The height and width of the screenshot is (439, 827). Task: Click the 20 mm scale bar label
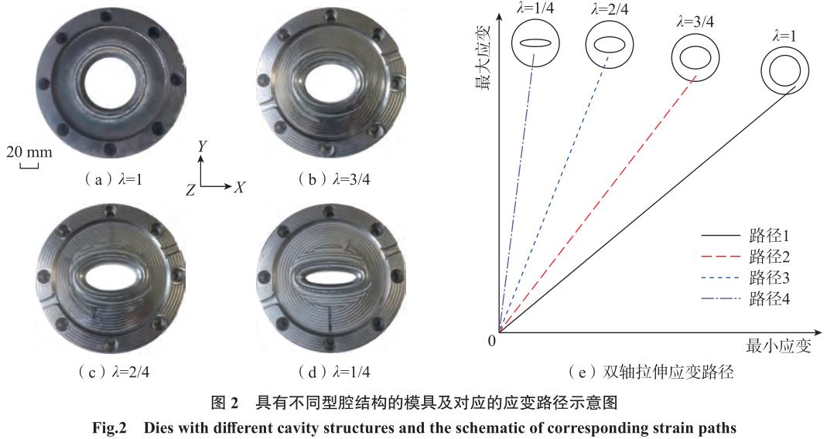(29, 152)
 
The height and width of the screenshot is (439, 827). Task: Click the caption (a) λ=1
(113, 179)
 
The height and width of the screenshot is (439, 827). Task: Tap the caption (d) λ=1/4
(333, 372)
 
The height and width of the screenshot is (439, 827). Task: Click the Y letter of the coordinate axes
(203, 146)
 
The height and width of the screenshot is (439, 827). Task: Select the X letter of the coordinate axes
(240, 186)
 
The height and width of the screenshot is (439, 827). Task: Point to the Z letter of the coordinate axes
(190, 189)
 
